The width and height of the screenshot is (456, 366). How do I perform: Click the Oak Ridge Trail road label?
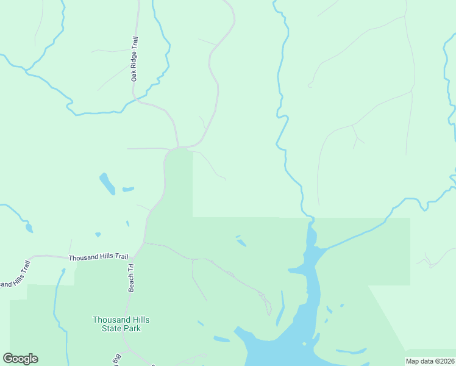[x=135, y=58]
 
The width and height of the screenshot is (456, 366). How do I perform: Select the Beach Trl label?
[x=130, y=278]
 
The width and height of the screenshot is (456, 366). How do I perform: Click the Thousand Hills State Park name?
[x=121, y=324]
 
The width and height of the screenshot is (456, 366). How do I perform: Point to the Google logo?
[x=20, y=359]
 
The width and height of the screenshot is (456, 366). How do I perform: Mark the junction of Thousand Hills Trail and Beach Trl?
[x=143, y=244]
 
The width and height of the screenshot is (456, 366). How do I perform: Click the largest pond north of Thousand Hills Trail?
[x=107, y=184]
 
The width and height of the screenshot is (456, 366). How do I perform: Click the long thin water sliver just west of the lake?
[x=280, y=308]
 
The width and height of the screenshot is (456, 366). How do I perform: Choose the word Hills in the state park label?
[x=138, y=320]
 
